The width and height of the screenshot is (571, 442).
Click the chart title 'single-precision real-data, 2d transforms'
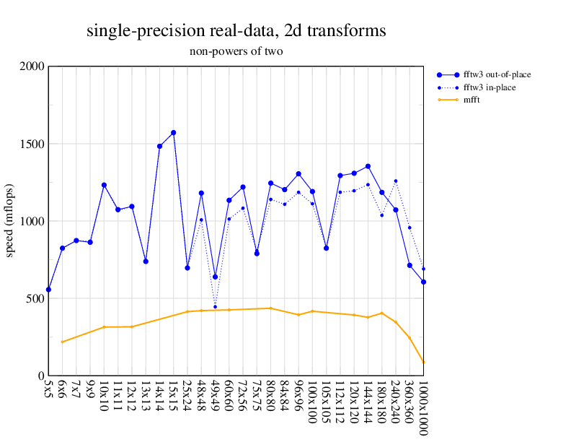[236, 31]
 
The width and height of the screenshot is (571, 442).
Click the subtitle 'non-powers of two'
[236, 51]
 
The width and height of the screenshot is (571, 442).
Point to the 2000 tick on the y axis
[32, 66]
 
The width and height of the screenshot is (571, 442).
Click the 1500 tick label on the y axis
[32, 144]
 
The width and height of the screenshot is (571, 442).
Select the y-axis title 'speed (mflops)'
[10, 221]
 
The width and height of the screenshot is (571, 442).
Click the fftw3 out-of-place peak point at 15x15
[174, 133]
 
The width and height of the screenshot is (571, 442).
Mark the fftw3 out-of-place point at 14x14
[159, 146]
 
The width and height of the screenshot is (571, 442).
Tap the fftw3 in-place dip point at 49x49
[215, 307]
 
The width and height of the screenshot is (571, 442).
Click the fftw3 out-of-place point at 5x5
[48, 290]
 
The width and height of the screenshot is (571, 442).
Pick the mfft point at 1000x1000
[423, 362]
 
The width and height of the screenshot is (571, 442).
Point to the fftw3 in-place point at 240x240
[396, 181]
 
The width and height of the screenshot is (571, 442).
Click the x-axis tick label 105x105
[326, 404]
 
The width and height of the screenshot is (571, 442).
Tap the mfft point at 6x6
[62, 342]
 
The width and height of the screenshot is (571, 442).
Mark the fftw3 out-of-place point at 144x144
[368, 166]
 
